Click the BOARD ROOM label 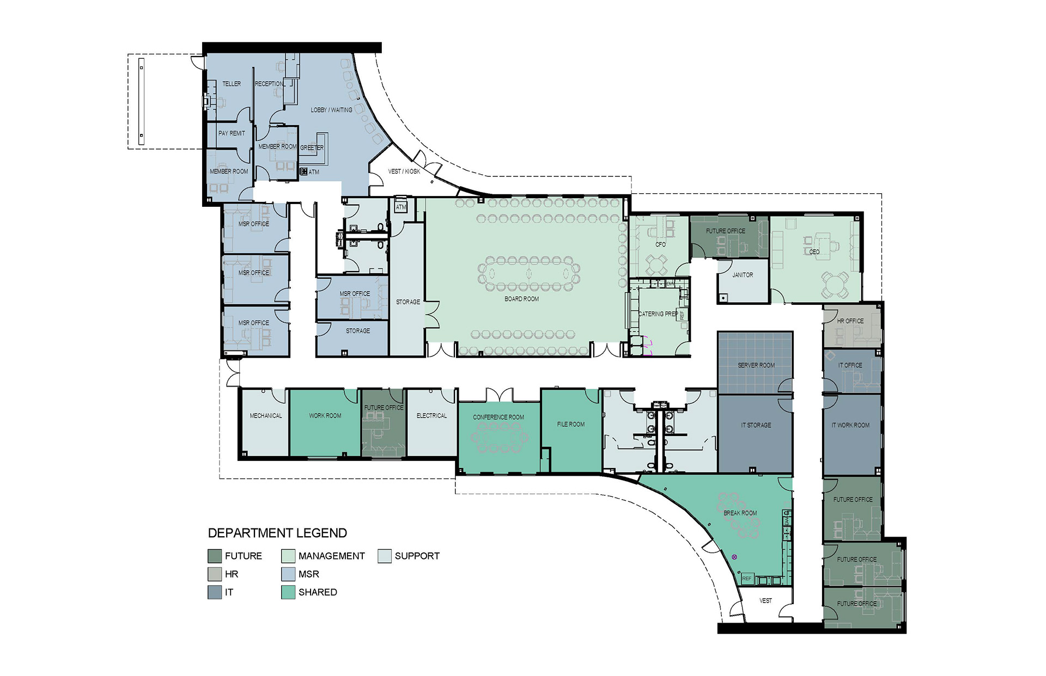[x=521, y=299]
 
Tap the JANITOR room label [x=743, y=275]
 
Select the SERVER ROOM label [x=756, y=365]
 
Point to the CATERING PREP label [x=658, y=314]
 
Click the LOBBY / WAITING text [x=331, y=110]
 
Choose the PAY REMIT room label [x=232, y=133]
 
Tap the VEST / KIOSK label [x=404, y=171]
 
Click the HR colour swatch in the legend [x=215, y=574]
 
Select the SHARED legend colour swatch [x=288, y=592]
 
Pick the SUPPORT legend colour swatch [x=385, y=556]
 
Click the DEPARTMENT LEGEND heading [x=277, y=533]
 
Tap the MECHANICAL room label [x=266, y=416]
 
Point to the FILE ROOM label [x=571, y=424]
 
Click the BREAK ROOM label [x=740, y=513]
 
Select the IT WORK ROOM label [x=850, y=425]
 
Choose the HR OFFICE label [x=850, y=321]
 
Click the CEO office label [x=814, y=252]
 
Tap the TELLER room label [x=232, y=84]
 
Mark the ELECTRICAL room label [x=431, y=416]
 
